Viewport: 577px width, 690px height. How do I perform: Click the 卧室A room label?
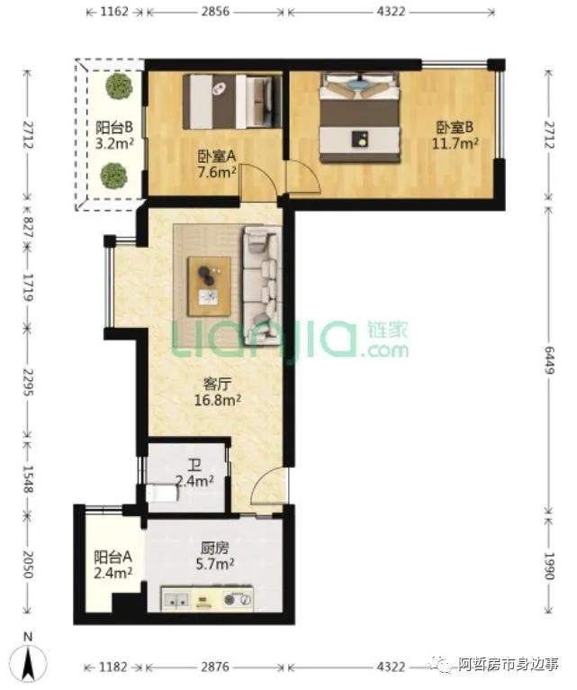217,156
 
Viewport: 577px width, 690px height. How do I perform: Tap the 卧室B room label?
455,128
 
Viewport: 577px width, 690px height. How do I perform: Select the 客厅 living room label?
217,384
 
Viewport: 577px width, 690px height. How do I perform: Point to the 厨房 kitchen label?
214,549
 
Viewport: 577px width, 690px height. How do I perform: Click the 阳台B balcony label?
114,128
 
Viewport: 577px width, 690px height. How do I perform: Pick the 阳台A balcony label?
113,557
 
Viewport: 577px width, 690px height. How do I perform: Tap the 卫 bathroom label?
194,465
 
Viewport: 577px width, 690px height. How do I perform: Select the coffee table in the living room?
210,287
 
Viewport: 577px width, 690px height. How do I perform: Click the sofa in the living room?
262,286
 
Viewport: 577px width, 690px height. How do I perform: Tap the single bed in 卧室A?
232,102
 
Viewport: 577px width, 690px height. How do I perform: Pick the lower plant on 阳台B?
114,176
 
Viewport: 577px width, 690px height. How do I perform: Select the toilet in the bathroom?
162,493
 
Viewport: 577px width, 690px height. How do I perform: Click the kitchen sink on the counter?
176,599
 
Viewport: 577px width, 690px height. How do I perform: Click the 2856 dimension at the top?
215,12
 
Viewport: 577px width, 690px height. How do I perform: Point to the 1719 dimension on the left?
28,287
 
